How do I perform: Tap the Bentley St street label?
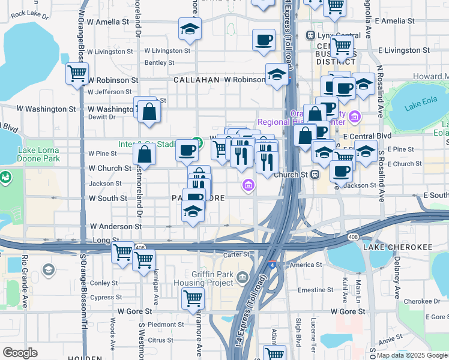(159, 62)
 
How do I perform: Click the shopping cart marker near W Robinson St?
(77, 74)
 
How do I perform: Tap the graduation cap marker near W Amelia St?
(190, 28)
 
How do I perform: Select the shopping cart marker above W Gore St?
(193, 298)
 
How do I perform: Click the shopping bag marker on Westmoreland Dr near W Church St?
(145, 154)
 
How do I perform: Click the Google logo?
(20, 353)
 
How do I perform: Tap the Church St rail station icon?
(313, 175)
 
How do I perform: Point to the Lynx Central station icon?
(310, 35)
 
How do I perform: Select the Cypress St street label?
(106, 297)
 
